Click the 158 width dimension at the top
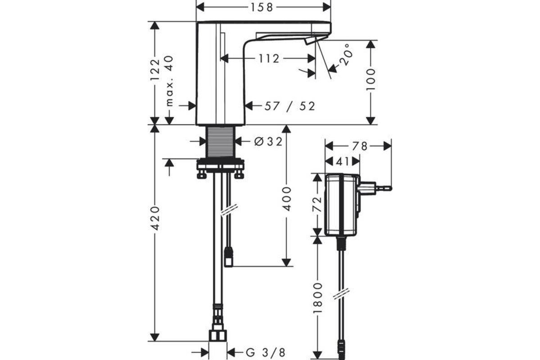coord(262,7)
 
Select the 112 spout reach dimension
coord(269,58)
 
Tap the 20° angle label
coord(346,55)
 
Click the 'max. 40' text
coord(170,81)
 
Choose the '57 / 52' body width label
coord(290,106)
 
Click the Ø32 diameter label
coord(268,142)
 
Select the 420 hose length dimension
coord(155,218)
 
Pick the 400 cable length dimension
coord(286,199)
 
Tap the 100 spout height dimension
coord(370,80)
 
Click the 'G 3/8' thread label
coord(265,353)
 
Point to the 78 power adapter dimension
coord(360,146)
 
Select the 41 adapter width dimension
coord(342,162)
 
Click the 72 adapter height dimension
coord(317,204)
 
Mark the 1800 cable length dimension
coord(318,298)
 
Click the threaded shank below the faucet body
coord(220,142)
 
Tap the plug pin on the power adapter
coord(383,188)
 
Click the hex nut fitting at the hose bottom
coord(218,336)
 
